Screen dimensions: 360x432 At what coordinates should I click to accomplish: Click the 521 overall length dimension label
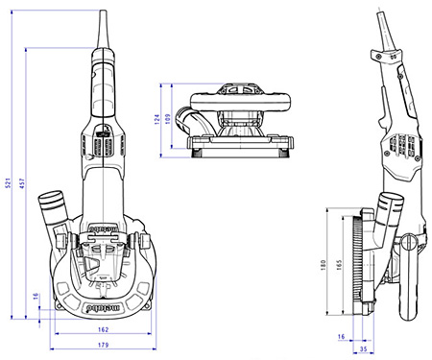[x=10, y=184]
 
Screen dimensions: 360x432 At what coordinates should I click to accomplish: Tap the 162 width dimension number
[x=104, y=329]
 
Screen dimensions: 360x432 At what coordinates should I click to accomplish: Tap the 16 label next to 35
[x=343, y=337]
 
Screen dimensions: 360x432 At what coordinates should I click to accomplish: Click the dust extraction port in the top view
[x=50, y=207]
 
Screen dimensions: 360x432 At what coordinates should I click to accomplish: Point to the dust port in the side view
[x=391, y=206]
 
